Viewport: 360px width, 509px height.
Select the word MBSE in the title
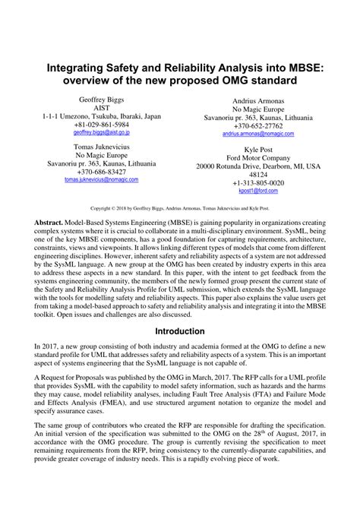pos(300,67)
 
